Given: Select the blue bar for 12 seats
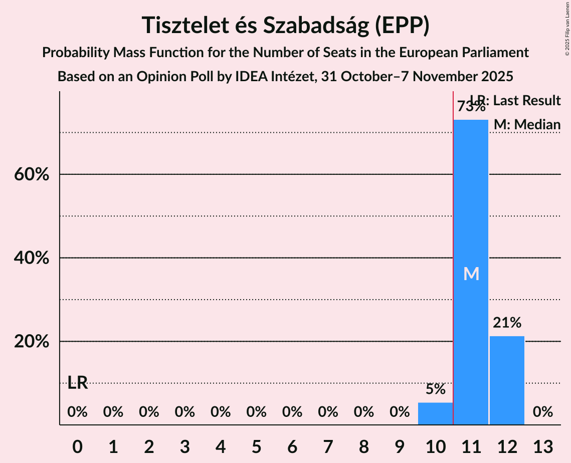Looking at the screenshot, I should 507,380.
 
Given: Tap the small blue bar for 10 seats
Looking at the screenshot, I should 435,413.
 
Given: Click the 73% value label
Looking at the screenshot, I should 471,107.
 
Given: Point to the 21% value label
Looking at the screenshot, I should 507,323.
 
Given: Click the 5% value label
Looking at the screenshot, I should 435,389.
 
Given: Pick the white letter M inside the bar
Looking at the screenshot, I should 471,274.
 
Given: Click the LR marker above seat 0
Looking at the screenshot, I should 78,384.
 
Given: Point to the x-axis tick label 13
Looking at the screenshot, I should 542,446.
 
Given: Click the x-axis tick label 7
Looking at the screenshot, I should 328,446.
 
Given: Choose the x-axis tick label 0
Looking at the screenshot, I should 77,446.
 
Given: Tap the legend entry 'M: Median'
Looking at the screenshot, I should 527,124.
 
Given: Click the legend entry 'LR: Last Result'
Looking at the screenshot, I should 516,101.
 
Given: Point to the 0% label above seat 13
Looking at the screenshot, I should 542,412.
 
